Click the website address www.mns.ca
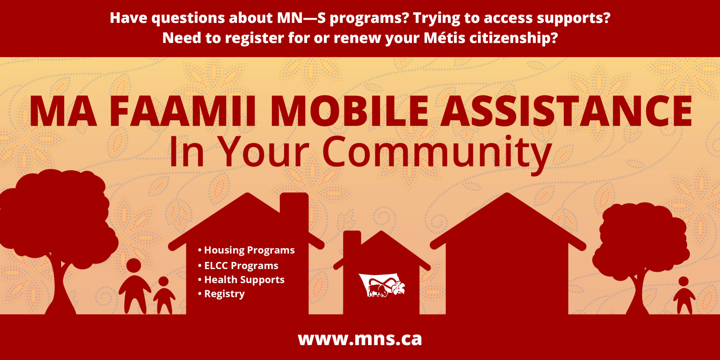tap(360, 339)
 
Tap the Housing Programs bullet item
tap(246, 250)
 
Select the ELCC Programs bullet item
tap(238, 265)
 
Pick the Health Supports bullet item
tap(241, 279)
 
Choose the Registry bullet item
tap(221, 294)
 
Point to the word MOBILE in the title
tap(350, 111)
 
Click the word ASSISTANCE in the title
tap(567, 111)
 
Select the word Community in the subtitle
tap(437, 152)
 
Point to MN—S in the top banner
tap(301, 18)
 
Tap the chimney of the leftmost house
tap(294, 203)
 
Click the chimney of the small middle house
tap(352, 239)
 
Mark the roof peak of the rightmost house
tap(507, 193)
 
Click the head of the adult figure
tap(134, 265)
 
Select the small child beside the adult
tap(164, 295)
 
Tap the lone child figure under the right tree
tap(684, 295)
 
